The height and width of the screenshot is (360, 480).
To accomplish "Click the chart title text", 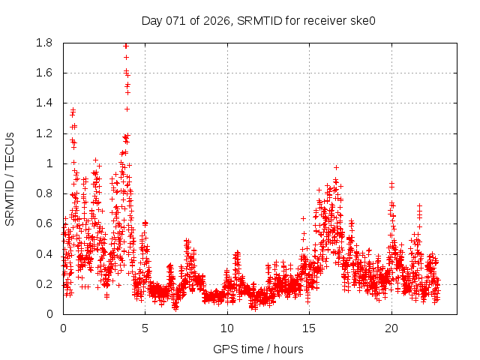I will click(x=258, y=21).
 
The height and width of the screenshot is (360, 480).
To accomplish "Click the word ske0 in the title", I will click(x=361, y=21).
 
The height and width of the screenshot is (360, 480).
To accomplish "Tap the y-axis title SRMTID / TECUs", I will click(x=10, y=178).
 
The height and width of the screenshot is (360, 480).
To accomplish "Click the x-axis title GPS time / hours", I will click(x=258, y=349).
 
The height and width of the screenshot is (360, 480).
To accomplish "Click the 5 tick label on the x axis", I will click(x=145, y=328).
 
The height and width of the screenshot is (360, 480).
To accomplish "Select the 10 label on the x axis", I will click(x=227, y=328).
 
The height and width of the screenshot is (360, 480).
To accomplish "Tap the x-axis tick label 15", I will click(x=309, y=328).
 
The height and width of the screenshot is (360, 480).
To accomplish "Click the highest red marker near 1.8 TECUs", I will click(x=126, y=46).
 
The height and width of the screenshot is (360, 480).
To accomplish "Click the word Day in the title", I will click(x=151, y=21).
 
